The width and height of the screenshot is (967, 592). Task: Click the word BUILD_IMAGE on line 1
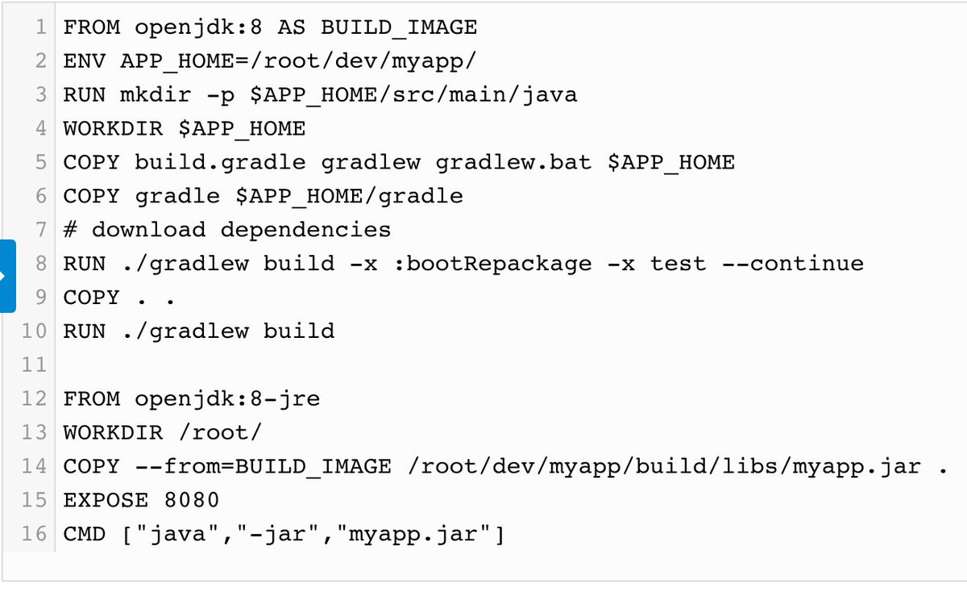(x=399, y=27)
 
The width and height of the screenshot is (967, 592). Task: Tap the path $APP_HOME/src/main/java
(x=413, y=95)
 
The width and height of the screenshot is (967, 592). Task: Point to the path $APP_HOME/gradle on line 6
(x=349, y=196)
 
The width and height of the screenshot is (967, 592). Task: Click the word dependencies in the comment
(x=305, y=230)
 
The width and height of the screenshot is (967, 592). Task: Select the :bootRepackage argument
(x=492, y=264)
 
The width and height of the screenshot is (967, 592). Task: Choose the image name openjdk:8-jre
(x=227, y=399)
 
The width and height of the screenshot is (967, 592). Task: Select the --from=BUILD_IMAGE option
(x=263, y=467)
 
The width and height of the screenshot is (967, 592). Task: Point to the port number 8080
(x=192, y=501)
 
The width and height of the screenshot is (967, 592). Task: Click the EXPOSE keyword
(x=106, y=501)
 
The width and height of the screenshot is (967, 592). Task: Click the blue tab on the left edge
(x=7, y=276)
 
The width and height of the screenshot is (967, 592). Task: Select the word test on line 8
(x=678, y=264)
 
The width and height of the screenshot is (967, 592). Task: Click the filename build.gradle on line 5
(x=220, y=163)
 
